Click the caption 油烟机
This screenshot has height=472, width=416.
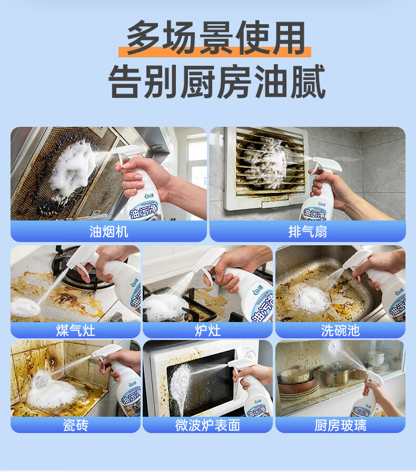click(109, 232)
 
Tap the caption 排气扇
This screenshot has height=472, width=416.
click(308, 232)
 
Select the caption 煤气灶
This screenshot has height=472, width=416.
click(75, 330)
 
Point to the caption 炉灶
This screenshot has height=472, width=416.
click(207, 330)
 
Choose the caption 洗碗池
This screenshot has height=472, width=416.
click(340, 330)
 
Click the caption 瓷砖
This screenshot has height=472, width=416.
click(75, 425)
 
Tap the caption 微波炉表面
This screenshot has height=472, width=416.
click(207, 425)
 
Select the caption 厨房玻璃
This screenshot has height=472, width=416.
click(340, 425)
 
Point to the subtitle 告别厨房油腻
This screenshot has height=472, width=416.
click(217, 82)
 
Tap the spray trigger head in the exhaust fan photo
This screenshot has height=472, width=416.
click(326, 165)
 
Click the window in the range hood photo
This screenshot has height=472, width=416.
click(196, 163)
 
